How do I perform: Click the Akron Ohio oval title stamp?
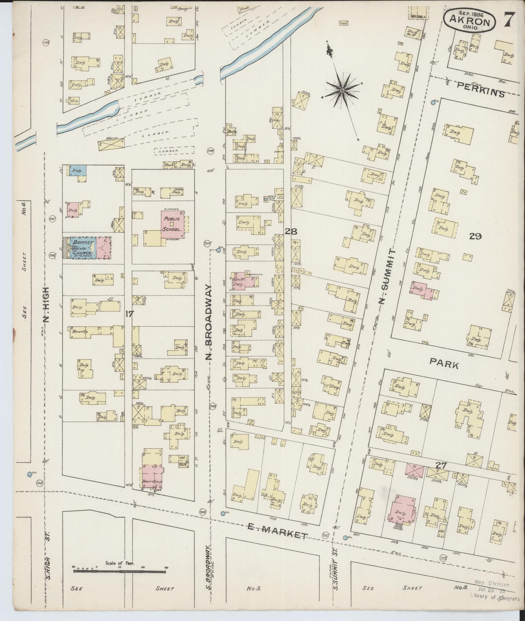(x=469, y=20)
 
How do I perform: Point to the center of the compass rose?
(x=342, y=90)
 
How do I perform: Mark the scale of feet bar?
(x=120, y=572)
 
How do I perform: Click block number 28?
(x=291, y=231)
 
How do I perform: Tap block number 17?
(x=129, y=314)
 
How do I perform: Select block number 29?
(x=475, y=236)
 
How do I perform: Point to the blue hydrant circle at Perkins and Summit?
(x=433, y=103)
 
